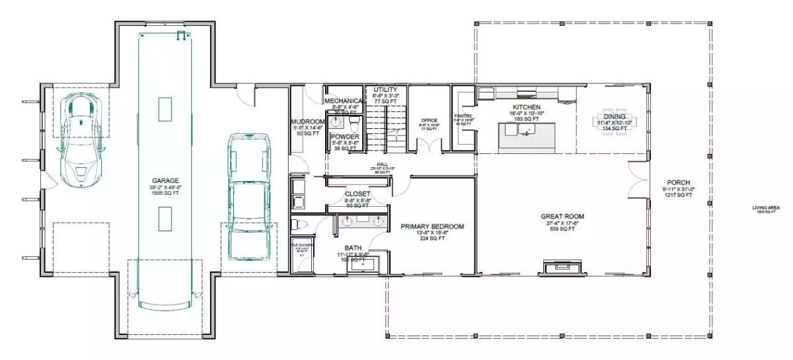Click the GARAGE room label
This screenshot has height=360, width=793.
click(165, 180)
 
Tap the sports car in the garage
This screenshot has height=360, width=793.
click(80, 139)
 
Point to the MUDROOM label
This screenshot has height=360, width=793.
click(307, 122)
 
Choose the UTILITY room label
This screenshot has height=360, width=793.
click(385, 89)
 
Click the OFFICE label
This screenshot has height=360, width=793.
click(429, 120)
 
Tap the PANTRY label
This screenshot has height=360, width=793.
click(463, 116)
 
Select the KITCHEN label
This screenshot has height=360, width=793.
click(527, 107)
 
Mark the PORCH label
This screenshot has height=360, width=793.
click(679, 183)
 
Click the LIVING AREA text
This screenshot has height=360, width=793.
click(766, 208)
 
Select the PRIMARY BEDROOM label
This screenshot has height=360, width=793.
click(432, 227)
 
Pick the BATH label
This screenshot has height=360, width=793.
click(352, 248)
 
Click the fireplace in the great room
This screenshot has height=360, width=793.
click(562, 267)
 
